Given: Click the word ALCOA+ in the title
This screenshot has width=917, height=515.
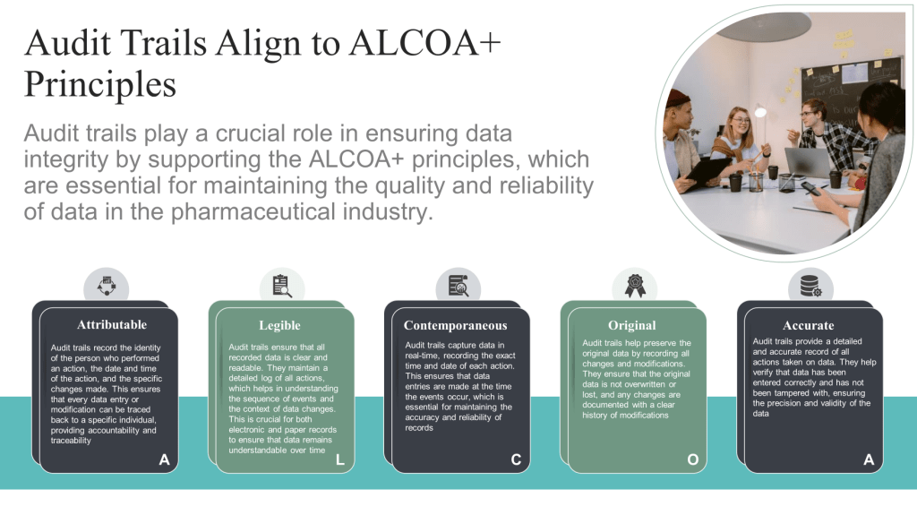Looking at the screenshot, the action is [425, 43].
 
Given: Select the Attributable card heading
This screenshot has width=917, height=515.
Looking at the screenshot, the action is [112, 325].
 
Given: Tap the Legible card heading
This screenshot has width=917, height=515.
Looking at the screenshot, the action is [279, 325].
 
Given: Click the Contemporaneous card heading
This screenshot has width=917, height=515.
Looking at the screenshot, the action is [456, 325].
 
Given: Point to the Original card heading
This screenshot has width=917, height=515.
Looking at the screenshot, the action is [631, 325].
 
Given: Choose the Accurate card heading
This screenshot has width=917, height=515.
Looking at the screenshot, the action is [809, 325].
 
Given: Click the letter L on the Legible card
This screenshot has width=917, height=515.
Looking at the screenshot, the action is [339, 460].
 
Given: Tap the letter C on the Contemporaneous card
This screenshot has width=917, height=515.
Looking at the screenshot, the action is [516, 460].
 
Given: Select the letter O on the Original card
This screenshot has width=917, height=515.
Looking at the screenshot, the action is [692, 460].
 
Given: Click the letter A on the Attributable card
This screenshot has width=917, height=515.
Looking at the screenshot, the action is [165, 460].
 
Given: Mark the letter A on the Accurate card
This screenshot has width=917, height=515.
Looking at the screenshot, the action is [869, 460].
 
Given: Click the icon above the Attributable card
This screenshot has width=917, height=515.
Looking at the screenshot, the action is [107, 287].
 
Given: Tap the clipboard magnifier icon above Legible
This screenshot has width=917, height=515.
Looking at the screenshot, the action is [282, 287].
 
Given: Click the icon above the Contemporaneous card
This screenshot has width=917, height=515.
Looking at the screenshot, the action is [458, 287].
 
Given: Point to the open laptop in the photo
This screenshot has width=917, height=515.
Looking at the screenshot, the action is [807, 163].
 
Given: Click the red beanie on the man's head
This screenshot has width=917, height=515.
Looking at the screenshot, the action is [679, 99].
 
